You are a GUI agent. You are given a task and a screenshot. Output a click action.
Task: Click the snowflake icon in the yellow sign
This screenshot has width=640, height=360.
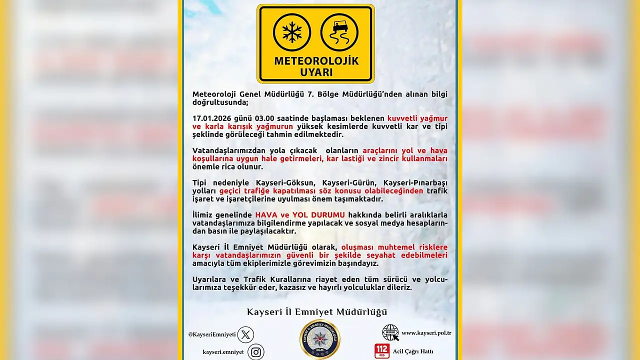[x=292, y=32]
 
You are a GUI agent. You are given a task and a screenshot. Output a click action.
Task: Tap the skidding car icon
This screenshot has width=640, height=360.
[x=339, y=32]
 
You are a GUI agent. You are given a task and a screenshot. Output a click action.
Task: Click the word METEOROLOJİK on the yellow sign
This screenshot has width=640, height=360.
[x=316, y=61]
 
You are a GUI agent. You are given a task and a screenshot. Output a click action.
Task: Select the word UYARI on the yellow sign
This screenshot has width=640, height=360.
[x=316, y=72]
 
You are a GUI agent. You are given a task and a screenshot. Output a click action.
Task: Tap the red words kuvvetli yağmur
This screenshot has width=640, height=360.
[x=417, y=118]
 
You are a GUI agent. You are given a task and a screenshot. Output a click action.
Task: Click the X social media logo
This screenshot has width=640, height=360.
[x=245, y=334]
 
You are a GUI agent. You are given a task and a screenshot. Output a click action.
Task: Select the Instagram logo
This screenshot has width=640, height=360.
[x=256, y=352]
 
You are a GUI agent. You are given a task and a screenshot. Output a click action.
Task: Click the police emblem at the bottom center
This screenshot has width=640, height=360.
[x=320, y=339]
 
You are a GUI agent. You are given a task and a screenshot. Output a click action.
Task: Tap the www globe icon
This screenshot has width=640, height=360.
[x=390, y=332]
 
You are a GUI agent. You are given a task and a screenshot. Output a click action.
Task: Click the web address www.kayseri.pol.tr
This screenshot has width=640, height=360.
[x=426, y=333]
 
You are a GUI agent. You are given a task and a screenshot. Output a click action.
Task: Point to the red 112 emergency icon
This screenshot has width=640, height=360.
[x=382, y=351]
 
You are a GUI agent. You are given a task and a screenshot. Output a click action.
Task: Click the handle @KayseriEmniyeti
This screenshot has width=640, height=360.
[x=212, y=334]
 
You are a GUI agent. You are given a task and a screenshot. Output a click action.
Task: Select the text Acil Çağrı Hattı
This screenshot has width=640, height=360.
[x=413, y=351]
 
